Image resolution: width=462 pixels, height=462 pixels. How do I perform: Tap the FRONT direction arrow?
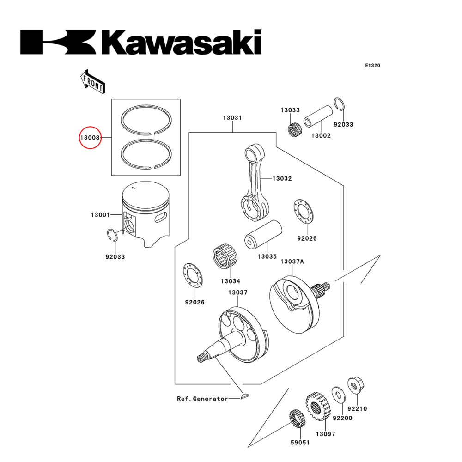pyautogui.click(x=92, y=81)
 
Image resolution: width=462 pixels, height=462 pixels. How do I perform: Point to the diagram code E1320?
pyautogui.click(x=372, y=66)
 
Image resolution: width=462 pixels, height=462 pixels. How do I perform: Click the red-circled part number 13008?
pyautogui.click(x=89, y=137)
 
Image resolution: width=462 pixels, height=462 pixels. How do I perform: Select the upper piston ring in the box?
pyautogui.click(x=146, y=121)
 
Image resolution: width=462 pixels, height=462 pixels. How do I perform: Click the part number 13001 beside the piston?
pyautogui.click(x=100, y=215)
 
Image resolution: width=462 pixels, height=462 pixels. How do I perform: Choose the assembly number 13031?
pyautogui.click(x=232, y=118)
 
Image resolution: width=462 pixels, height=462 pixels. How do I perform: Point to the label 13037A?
pyautogui.click(x=292, y=261)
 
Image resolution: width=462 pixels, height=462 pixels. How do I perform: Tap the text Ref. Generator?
pyautogui.click(x=202, y=398)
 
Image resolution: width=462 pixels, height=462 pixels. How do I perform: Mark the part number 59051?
pyautogui.click(x=300, y=442)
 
